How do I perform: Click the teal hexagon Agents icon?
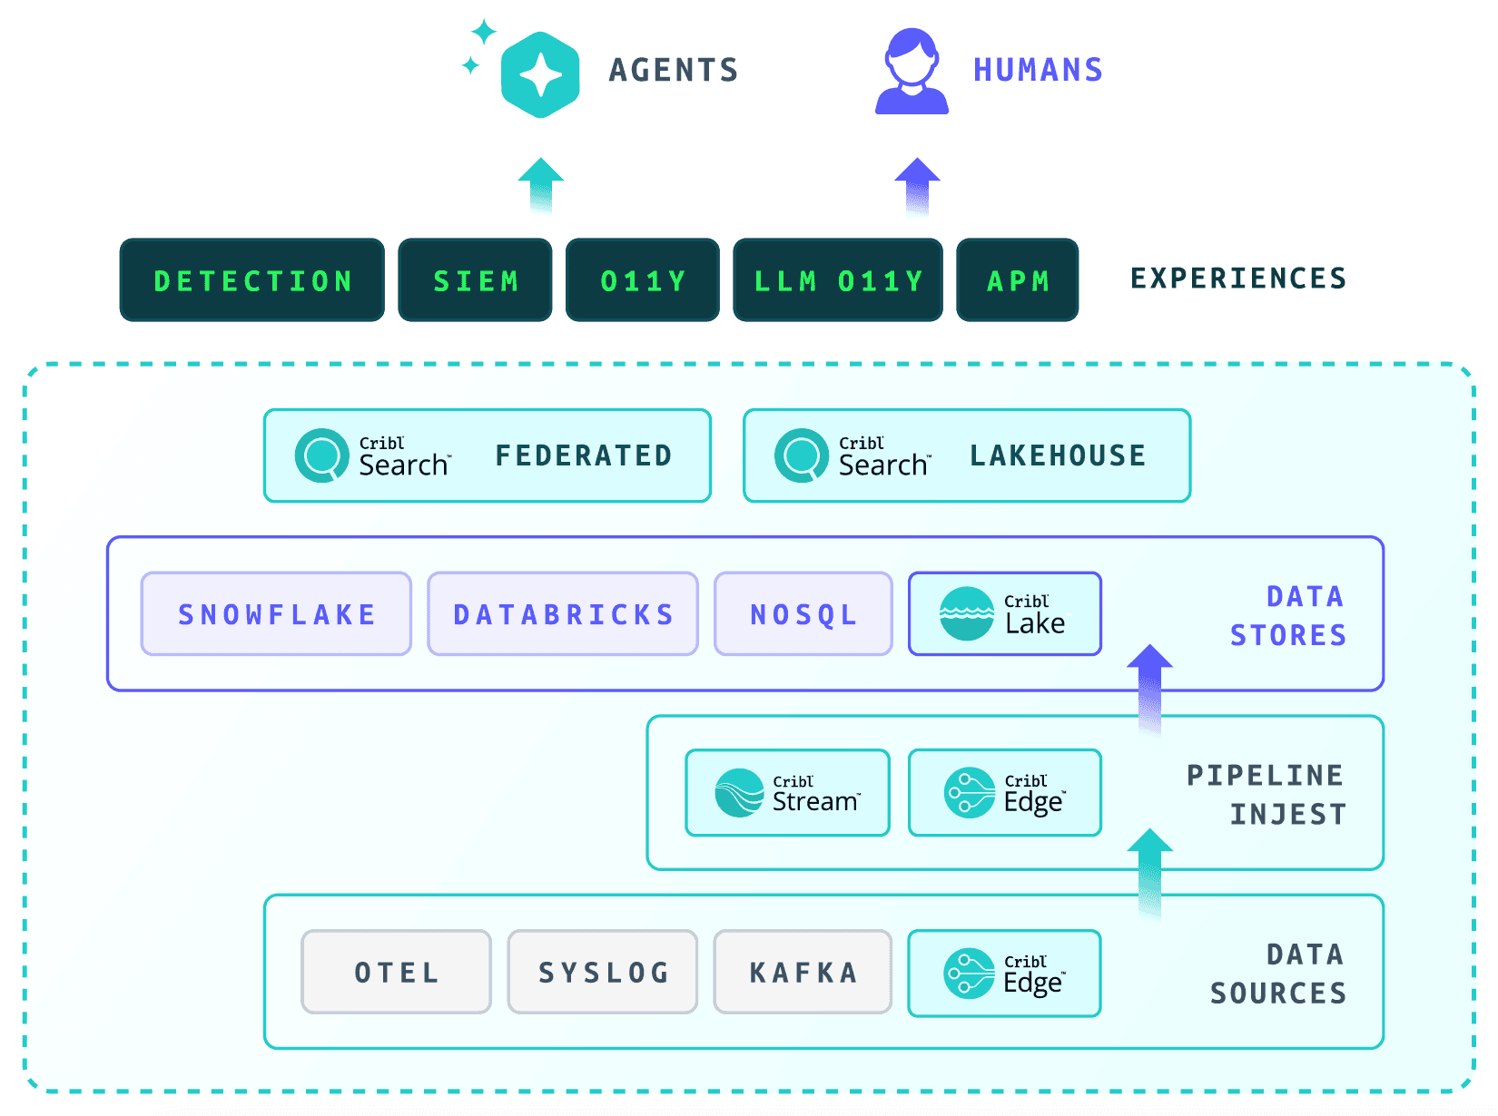pos(540,74)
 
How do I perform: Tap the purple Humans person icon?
pos(912,71)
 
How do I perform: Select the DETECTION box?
pos(251,279)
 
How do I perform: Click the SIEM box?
pos(475,279)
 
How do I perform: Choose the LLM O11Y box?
pos(837,279)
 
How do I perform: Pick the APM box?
pos(1017,279)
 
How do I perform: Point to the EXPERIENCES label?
pos(1238,279)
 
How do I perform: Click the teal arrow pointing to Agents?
pos(540,186)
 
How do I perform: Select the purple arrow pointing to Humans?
pos(917,186)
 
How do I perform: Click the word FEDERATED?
pos(584,455)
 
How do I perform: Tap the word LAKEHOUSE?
pos(1057,455)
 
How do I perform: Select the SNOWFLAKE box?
pos(276,613)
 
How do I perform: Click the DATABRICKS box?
pos(562,613)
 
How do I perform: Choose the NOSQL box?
pos(803,613)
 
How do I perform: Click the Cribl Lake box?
pos(1005,613)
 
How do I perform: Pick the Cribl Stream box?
pos(787,792)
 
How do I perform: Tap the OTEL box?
pos(396,972)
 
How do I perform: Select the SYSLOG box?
pos(603,972)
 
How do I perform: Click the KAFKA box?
pos(803,972)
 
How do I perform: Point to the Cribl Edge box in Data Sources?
pos(1005,973)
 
